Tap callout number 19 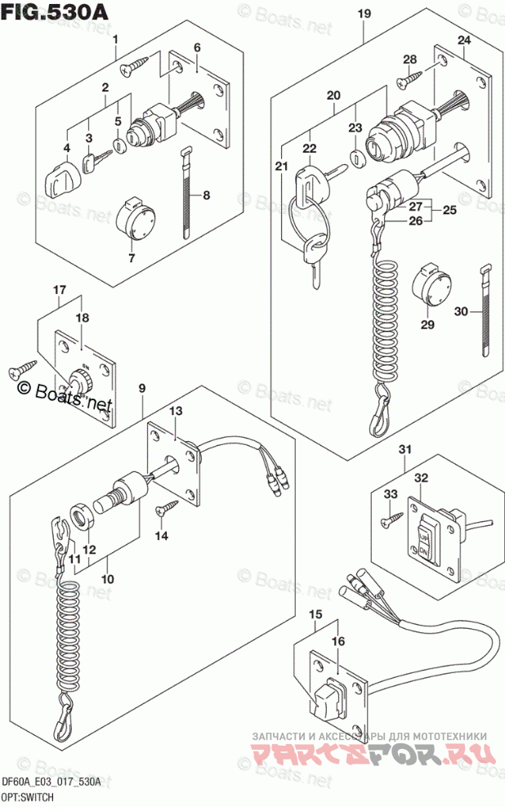point(364,13)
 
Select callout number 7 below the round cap point(132,258)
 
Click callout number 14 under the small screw point(161,535)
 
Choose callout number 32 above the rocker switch point(420,478)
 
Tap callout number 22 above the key point(309,148)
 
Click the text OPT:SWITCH point(28,796)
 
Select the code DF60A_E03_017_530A point(51,782)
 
